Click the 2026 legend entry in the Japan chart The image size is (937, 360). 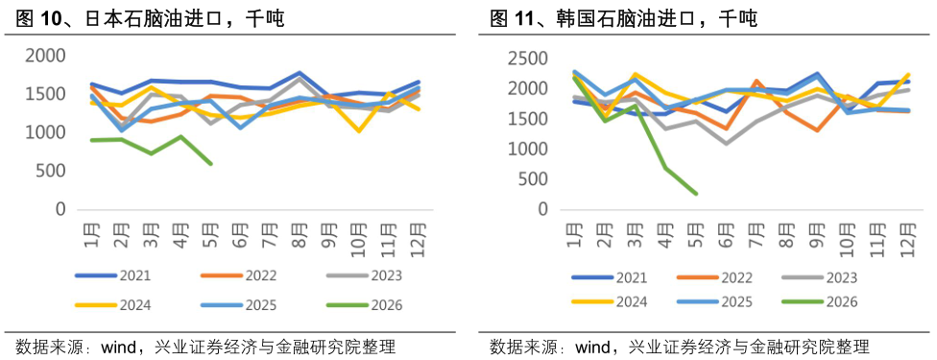click(365, 305)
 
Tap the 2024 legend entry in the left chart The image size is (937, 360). click(113, 305)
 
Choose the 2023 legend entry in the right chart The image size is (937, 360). click(820, 277)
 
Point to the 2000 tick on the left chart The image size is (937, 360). click(45, 56)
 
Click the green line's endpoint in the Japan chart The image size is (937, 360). click(211, 163)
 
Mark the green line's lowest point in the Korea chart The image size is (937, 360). click(696, 193)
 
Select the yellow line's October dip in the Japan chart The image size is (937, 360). click(359, 131)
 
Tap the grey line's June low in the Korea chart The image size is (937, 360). click(726, 144)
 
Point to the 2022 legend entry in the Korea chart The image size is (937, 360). click(714, 277)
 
